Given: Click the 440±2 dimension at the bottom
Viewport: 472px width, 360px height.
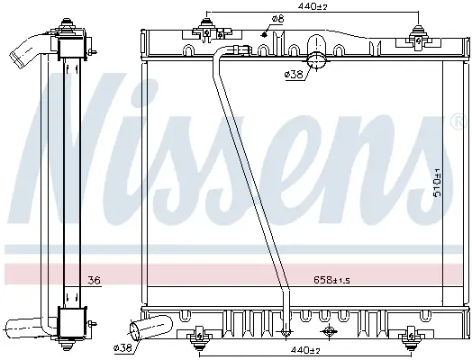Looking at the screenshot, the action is click(x=305, y=350).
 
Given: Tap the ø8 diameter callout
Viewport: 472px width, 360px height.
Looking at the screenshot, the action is click(x=277, y=19).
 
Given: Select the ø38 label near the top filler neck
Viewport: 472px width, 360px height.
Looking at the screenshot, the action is click(x=294, y=74).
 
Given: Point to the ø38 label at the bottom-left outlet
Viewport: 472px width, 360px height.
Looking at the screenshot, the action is click(x=123, y=348).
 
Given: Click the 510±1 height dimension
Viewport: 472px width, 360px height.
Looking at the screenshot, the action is click(x=437, y=183).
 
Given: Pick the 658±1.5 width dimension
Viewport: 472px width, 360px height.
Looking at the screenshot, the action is click(x=331, y=280).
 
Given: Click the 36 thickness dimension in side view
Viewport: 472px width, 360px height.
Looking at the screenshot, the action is click(x=94, y=281).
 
